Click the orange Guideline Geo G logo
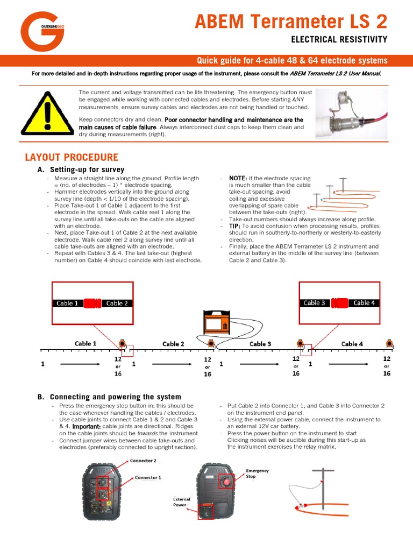pos(42,32)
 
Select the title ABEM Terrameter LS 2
pos(290,22)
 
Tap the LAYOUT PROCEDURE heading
pos(72,158)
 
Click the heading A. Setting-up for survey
pos(81,169)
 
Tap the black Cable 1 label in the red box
pos(68,303)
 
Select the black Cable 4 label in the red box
pos(364,303)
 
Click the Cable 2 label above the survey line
pos(173,344)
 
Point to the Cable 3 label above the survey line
pos(260,344)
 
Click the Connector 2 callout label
pos(143,461)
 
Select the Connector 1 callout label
pos(147,477)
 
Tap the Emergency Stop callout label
pos(257,474)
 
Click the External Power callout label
pos(181,502)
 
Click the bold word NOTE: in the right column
pos(238,178)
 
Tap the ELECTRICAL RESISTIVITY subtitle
pos(339,39)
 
